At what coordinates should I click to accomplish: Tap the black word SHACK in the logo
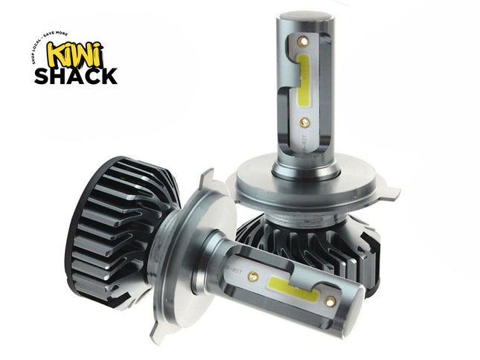(75, 75)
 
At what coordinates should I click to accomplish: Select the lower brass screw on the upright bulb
(303, 119)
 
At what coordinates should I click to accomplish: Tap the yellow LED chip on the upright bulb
(306, 78)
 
